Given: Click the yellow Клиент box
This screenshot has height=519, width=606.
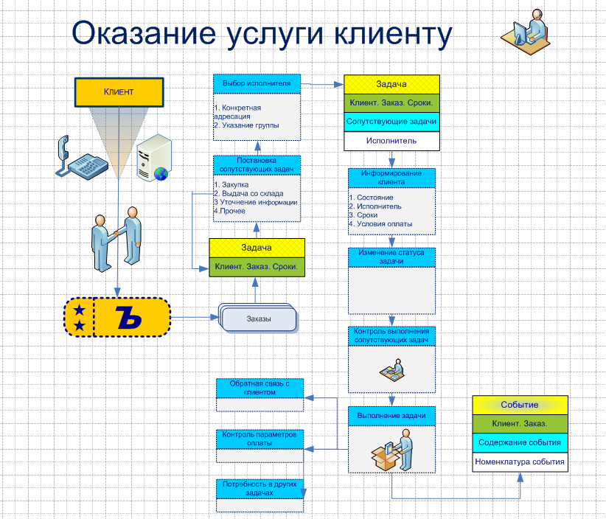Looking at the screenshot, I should (x=118, y=91).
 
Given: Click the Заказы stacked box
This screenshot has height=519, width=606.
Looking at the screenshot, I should (x=258, y=319).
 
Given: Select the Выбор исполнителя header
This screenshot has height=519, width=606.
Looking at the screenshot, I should (x=257, y=83).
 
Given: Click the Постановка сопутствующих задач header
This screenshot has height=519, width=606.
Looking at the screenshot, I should (x=257, y=164).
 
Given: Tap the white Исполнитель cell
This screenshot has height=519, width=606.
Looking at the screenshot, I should (x=391, y=140).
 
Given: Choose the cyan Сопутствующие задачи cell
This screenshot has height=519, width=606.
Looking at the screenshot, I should (x=391, y=121).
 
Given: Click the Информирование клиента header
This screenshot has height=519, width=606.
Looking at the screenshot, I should (x=391, y=177).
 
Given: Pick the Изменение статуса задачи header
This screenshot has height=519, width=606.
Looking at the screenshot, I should (x=391, y=257).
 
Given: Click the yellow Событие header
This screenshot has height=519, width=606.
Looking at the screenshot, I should (x=520, y=405).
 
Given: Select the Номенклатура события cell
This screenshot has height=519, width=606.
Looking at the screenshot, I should (x=520, y=462).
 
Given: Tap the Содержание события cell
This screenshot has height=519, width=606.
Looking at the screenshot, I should (x=520, y=442).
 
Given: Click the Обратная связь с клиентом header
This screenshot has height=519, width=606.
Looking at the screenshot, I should (x=260, y=388).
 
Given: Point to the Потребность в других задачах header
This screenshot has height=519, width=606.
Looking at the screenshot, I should (x=260, y=488).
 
